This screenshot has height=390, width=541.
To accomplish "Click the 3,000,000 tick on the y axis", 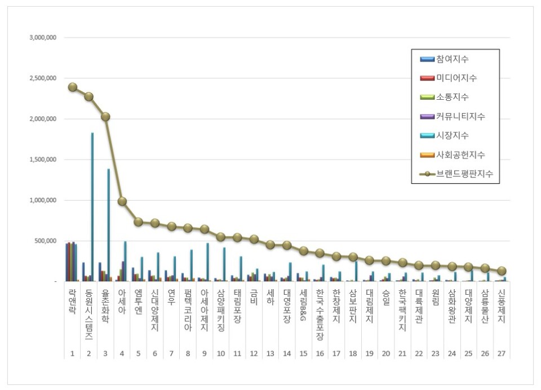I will coord(43,38).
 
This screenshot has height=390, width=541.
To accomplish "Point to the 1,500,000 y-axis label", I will coord(43,159).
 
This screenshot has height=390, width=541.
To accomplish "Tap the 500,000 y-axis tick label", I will coord(46,241).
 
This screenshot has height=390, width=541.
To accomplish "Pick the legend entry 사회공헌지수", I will coord(460,155).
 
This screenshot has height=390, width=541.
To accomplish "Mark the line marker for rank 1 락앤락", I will coord(72,87).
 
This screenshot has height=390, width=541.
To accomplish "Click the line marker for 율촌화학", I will coord(105,117).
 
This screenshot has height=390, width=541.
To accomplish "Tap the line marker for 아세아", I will coord(122,202).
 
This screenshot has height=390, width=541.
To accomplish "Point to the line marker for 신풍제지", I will coord(502,271).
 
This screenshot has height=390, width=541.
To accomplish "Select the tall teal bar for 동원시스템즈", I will coord(92,206).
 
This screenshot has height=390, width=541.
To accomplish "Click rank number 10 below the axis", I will coord(221,354).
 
